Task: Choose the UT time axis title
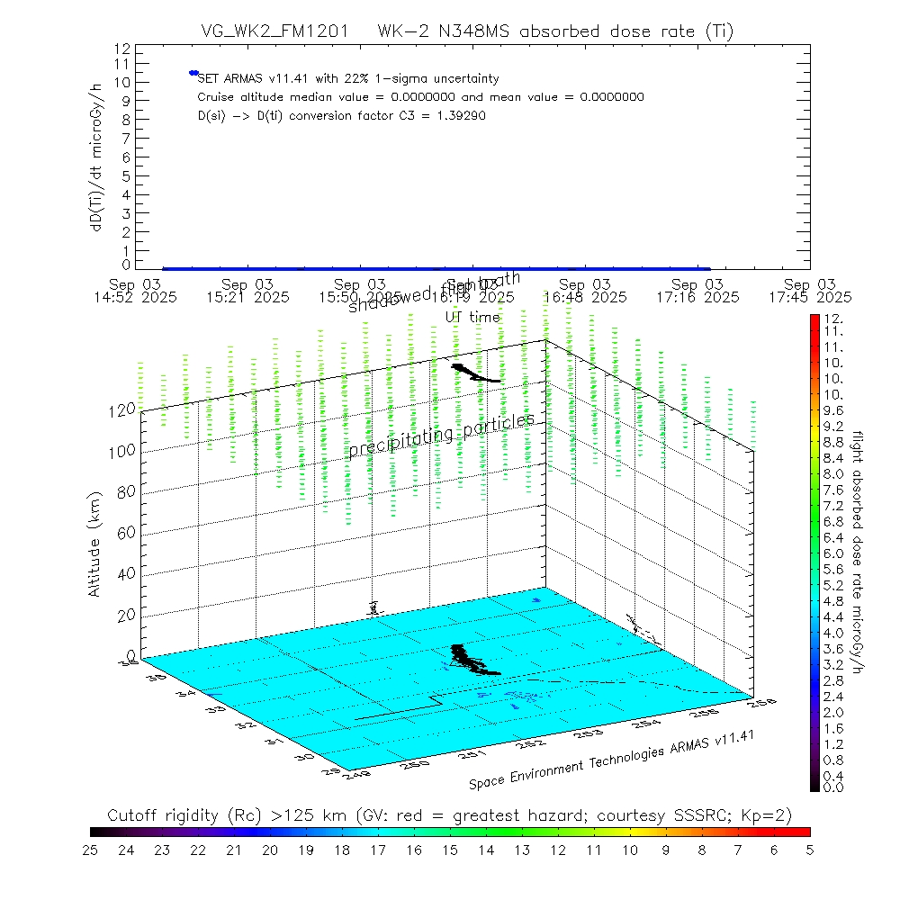(472, 316)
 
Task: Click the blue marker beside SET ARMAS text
(193, 73)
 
